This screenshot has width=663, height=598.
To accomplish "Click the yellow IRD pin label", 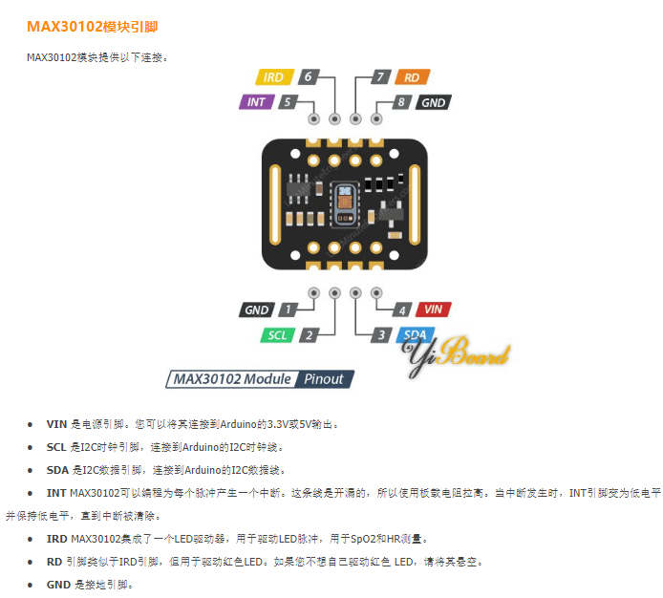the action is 273,77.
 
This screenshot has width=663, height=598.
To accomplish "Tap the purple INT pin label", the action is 256,101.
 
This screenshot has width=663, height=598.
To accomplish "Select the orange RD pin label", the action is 411,77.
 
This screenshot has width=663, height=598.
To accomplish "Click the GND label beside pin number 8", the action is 433,101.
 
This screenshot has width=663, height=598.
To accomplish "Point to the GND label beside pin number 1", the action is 256,310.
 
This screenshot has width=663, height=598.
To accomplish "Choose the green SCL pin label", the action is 277,334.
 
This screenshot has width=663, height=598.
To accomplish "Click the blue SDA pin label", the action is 414,334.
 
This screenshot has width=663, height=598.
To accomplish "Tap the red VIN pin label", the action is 433,310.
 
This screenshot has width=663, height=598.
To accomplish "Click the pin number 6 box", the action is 308,77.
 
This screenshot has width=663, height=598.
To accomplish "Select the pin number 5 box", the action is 287,101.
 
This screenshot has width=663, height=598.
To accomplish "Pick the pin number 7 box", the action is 380,77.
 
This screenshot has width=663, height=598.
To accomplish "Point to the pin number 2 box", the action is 308,334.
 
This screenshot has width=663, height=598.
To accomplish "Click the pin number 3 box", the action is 381,334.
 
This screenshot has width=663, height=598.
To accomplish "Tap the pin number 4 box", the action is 402,310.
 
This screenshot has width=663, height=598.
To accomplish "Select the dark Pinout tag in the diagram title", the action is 323,379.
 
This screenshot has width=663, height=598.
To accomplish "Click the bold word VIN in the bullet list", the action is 56,423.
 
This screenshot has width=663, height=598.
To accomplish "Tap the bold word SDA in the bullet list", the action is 57,469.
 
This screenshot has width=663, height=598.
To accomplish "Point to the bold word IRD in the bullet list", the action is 57,538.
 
